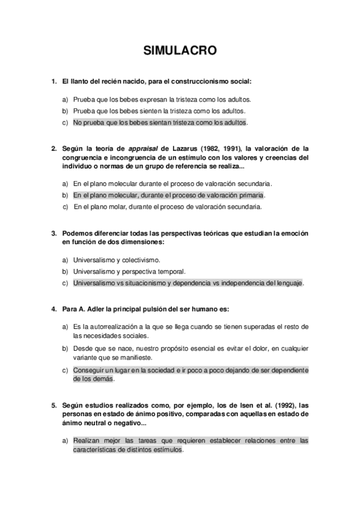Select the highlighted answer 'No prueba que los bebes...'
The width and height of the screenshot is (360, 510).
pos(160,122)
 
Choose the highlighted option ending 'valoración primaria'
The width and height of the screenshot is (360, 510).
pos(169,195)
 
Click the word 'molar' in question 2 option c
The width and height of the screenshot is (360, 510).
pos(114,207)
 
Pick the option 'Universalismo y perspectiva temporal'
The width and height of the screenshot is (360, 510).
pos(129,271)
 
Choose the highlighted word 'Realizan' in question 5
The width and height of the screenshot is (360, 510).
pos(87,441)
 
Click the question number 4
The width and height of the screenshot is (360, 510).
pos(54,309)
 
